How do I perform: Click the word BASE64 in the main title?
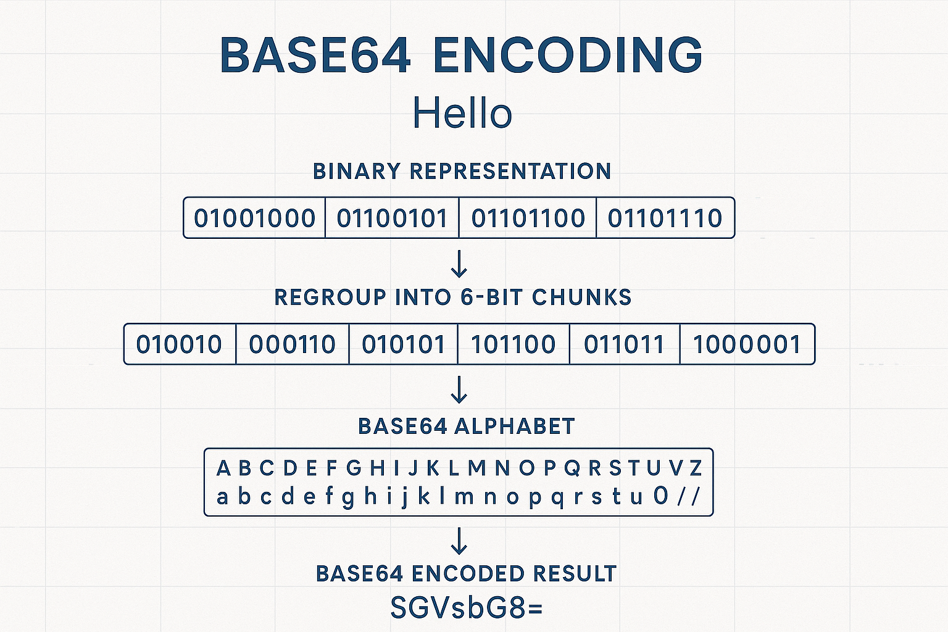pos(315,55)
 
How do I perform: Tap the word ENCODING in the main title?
pos(568,55)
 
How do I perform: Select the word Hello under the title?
pos(462,113)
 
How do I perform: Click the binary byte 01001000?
pos(254,218)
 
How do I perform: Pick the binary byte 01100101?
pos(392,218)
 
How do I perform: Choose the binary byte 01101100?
pos(528,218)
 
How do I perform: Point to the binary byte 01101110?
pos(665,218)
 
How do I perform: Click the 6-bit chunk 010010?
pos(179,344)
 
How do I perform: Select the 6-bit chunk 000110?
pos(292,344)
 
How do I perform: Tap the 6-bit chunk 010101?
pos(403,344)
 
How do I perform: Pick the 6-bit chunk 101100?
pos(513,344)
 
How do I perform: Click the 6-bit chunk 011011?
pos(624,344)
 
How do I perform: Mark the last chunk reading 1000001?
pos(747,344)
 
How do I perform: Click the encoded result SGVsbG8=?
pos(467,608)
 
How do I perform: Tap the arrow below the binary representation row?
pos(459,264)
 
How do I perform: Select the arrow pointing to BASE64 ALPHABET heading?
pos(459,390)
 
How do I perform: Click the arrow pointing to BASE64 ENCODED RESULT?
pos(459,541)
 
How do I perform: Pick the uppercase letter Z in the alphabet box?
pos(696,468)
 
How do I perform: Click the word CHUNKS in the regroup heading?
pos(581,297)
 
